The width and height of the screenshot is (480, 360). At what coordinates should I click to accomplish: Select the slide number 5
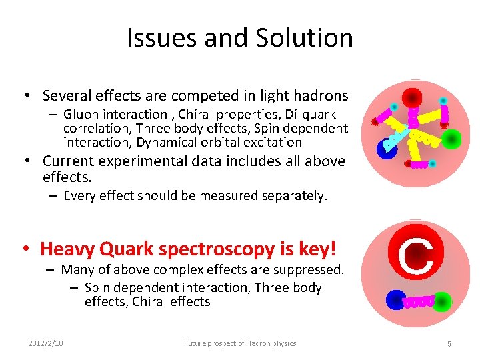pyautogui.click(x=449, y=343)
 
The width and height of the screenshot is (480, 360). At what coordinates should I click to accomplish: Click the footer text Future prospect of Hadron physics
pyautogui.click(x=240, y=343)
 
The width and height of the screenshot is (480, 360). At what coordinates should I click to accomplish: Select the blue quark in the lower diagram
pyautogui.click(x=396, y=300)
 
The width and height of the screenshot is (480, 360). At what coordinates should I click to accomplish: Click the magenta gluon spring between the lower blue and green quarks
pyautogui.click(x=420, y=302)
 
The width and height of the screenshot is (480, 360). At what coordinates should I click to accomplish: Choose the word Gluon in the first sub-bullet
pyautogui.click(x=82, y=115)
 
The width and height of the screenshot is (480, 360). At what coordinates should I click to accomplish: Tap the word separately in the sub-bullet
pyautogui.click(x=295, y=195)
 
